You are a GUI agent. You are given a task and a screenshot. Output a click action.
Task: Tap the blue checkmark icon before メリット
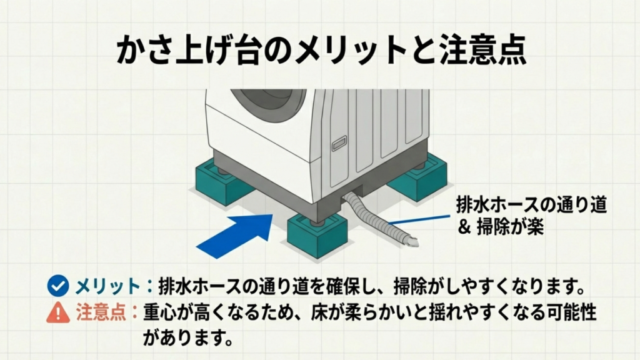point(58,287)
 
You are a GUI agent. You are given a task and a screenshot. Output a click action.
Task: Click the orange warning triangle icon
point(58,311)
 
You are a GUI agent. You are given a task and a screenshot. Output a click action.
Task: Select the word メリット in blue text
point(107,287)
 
